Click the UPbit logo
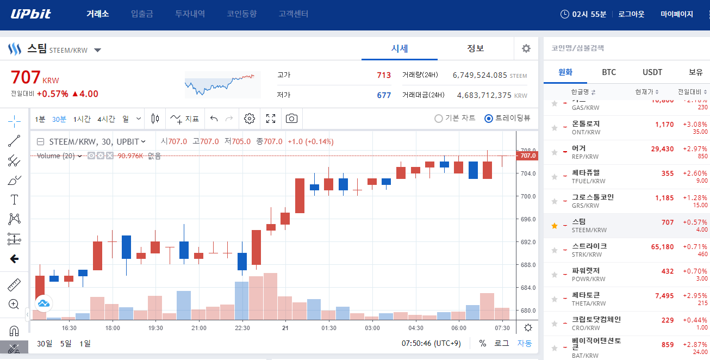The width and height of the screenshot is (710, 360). [x=31, y=14]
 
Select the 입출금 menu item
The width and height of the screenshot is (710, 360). [x=142, y=14]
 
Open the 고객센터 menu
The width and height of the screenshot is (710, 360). [x=293, y=14]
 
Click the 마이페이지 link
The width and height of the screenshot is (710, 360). [x=676, y=14]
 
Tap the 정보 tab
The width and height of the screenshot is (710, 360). [x=475, y=48]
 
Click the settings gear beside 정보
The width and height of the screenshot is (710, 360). [x=526, y=48]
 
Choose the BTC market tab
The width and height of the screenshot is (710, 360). [x=609, y=72]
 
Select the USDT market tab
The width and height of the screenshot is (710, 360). [x=652, y=72]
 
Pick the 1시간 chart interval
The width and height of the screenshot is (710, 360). [x=82, y=119]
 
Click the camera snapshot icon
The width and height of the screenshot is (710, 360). [x=292, y=119]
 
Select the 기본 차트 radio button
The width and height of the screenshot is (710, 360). [x=439, y=119]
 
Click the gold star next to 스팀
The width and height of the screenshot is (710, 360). [x=555, y=226]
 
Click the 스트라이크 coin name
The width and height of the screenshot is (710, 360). [x=589, y=246]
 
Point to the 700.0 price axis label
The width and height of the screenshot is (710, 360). [x=528, y=196]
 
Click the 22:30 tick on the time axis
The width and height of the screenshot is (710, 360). [x=242, y=328]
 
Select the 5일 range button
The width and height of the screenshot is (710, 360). [x=66, y=343]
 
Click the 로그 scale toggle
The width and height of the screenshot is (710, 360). [x=501, y=343]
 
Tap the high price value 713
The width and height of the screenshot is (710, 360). [x=384, y=75]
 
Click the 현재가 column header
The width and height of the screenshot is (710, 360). [x=646, y=91]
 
